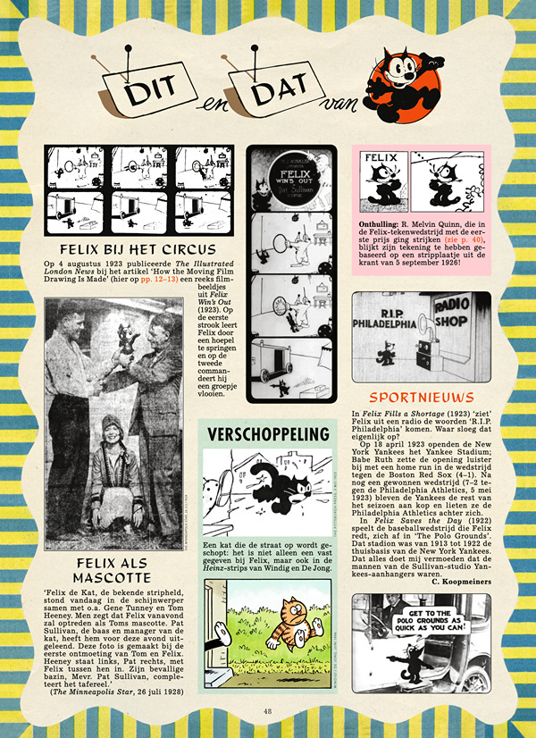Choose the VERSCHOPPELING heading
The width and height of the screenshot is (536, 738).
click(267, 435)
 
